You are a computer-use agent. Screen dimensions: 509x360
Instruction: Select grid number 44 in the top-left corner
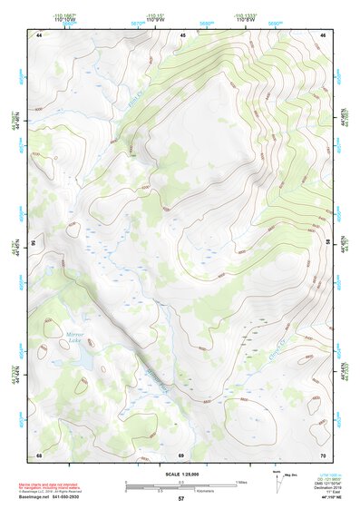click(x=39, y=34)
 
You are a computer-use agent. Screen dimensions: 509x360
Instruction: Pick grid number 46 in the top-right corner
click(x=323, y=34)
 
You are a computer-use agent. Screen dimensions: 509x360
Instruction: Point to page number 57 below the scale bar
click(x=181, y=499)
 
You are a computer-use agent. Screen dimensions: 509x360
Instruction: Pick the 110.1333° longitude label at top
click(x=244, y=15)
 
